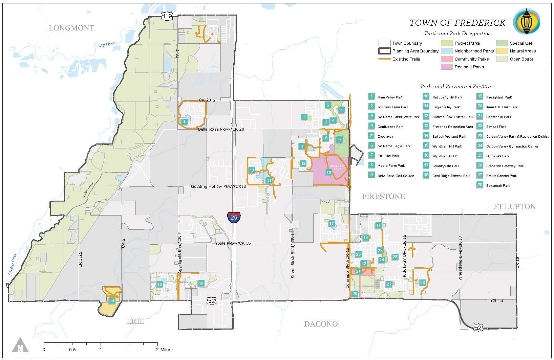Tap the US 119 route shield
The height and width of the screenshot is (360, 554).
tap(167, 16)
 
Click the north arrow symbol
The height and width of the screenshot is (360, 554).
tap(20, 345)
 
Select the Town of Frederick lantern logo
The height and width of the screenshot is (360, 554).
tap(526, 21)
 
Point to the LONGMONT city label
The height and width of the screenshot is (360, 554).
tap(71, 28)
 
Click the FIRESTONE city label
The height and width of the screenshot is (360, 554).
tap(383, 197)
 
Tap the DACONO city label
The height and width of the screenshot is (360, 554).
tap(320, 324)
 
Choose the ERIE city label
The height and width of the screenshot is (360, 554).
tap(135, 321)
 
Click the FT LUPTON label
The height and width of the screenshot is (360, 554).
tap(514, 206)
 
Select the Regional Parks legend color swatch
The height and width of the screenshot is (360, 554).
tap(446, 67)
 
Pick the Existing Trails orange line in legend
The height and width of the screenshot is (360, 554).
tap(384, 59)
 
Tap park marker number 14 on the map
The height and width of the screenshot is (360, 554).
tap(112, 300)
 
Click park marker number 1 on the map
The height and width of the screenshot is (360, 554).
tap(184, 121)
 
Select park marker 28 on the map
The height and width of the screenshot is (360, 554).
tap(422, 283)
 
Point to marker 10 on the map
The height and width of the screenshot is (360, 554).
tap(252, 170)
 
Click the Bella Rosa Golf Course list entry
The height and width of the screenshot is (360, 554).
tap(396, 176)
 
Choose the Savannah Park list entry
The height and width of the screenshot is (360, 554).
tap(498, 186)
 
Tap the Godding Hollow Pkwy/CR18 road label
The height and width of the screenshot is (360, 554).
tap(218, 186)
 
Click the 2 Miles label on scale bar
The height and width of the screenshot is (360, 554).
tap(164, 350)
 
